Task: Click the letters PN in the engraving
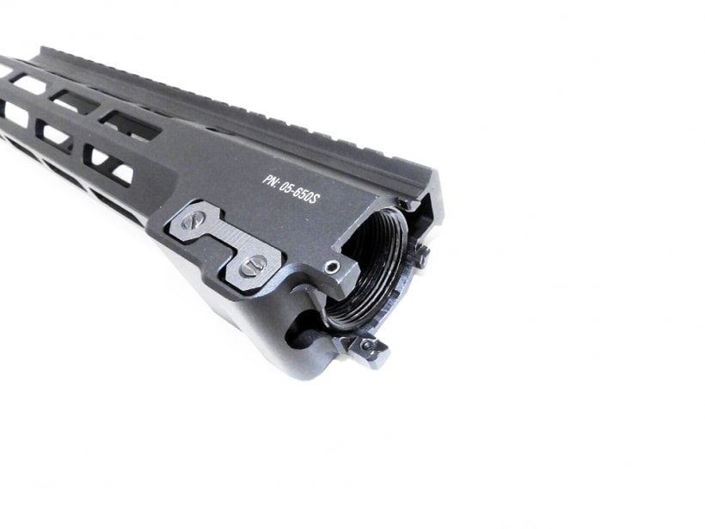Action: [x=269, y=180]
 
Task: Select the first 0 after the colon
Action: [x=282, y=185]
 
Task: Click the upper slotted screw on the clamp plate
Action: [x=193, y=220]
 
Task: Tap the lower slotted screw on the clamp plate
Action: [x=253, y=266]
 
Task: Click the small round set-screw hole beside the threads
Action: [x=332, y=268]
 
